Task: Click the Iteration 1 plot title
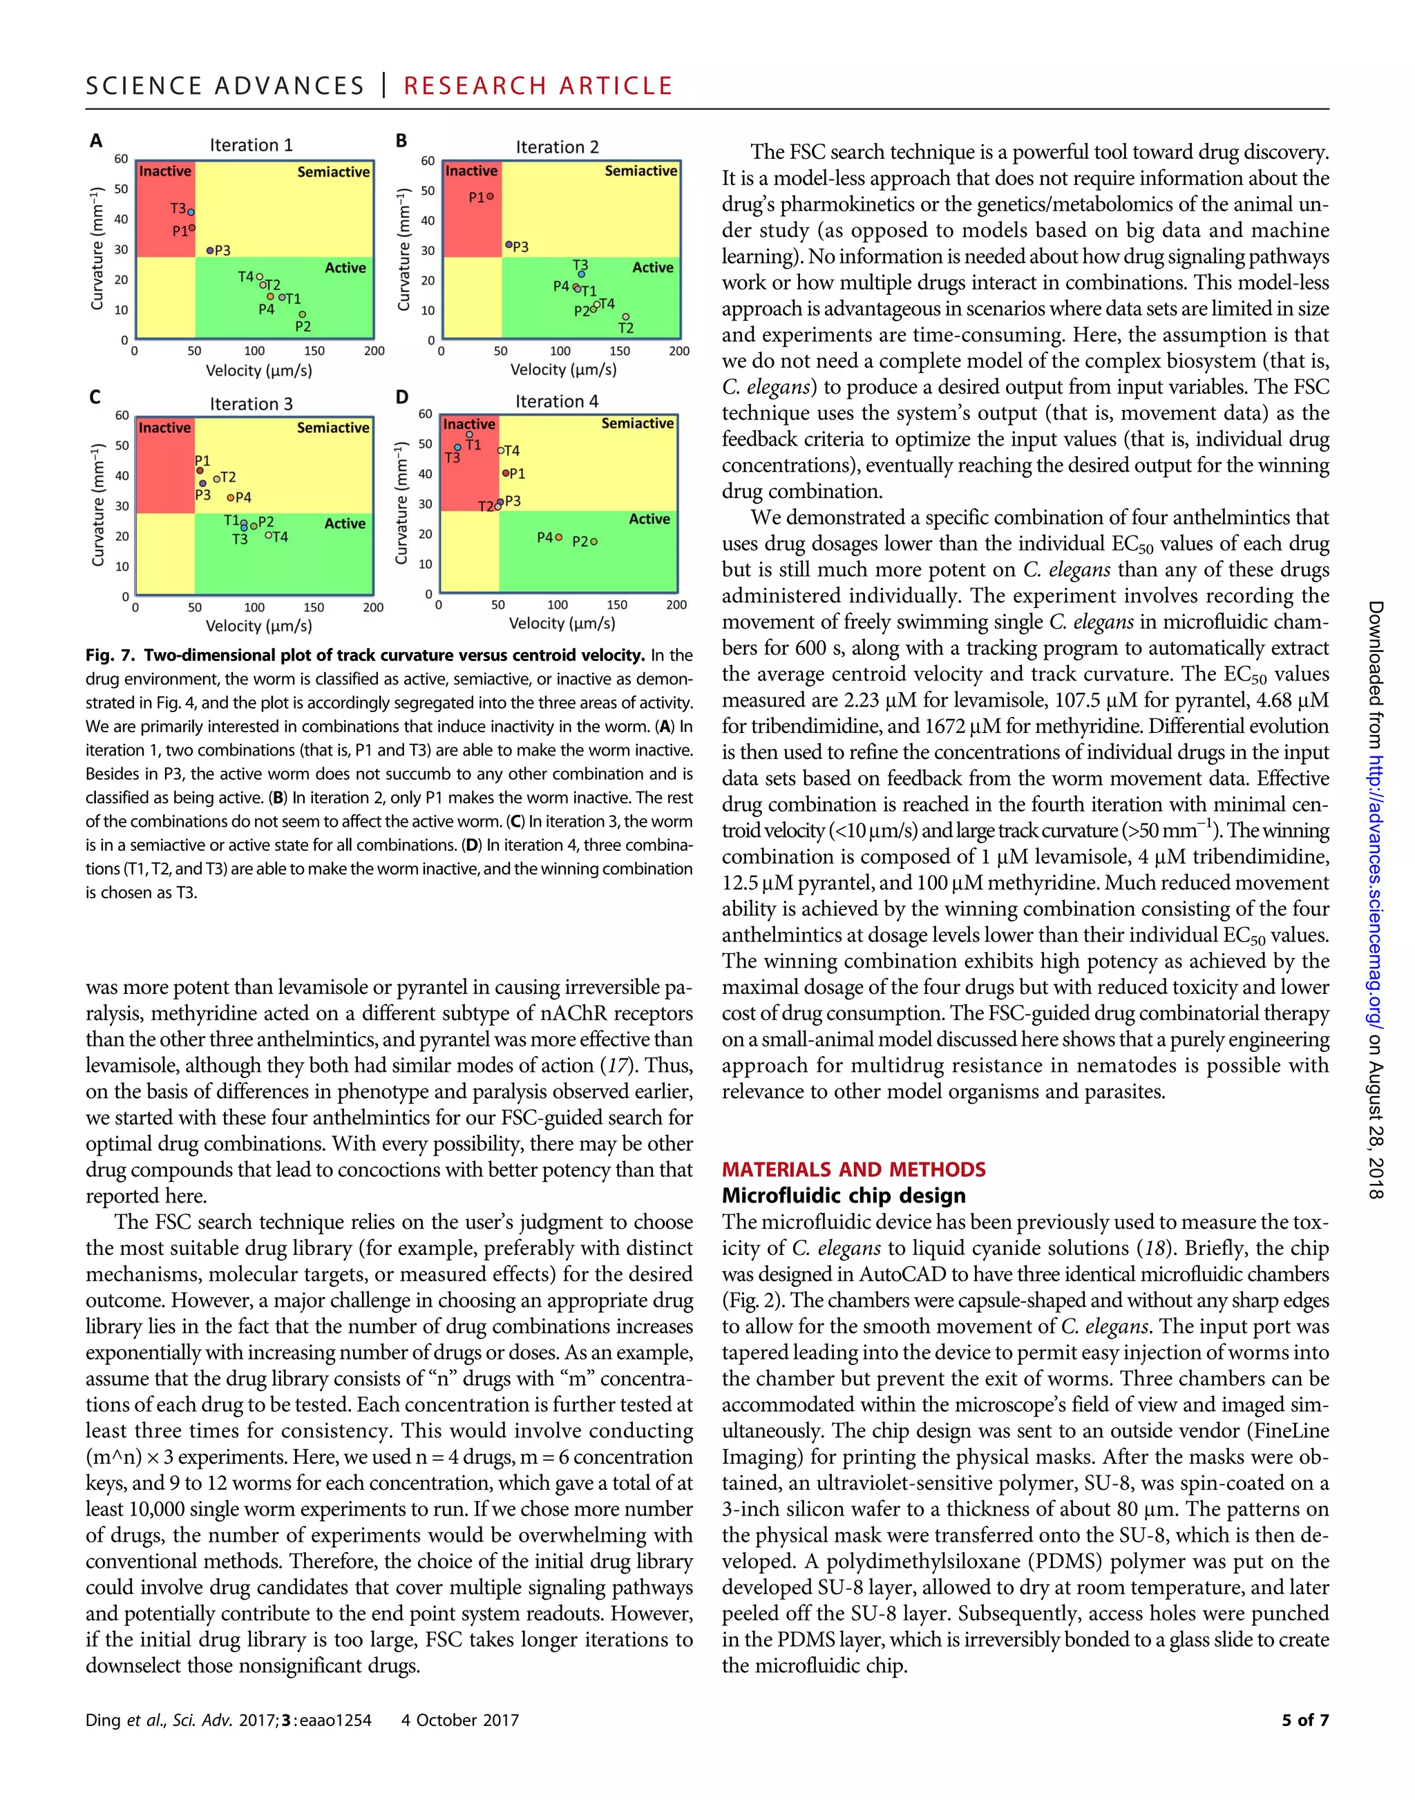pyautogui.click(x=251, y=145)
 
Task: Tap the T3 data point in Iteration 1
pyautogui.click(x=191, y=212)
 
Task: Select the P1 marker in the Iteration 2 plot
pyautogui.click(x=491, y=196)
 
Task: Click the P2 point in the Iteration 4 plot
pyautogui.click(x=594, y=542)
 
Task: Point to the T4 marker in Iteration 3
pyautogui.click(x=268, y=535)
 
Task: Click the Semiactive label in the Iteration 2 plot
pyautogui.click(x=640, y=171)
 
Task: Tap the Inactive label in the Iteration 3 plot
pyautogui.click(x=165, y=428)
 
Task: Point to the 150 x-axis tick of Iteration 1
pyautogui.click(x=314, y=351)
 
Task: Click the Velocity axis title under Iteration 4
pyautogui.click(x=562, y=623)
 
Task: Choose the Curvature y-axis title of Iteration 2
pyautogui.click(x=403, y=249)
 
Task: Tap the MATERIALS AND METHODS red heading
pyautogui.click(x=853, y=1169)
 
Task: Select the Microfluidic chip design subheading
pyautogui.click(x=844, y=1196)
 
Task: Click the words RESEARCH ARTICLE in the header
pyautogui.click(x=538, y=86)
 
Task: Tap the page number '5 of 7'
pyautogui.click(x=1305, y=1720)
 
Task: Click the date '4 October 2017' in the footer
pyautogui.click(x=459, y=1720)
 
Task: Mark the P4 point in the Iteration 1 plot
pyautogui.click(x=270, y=296)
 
